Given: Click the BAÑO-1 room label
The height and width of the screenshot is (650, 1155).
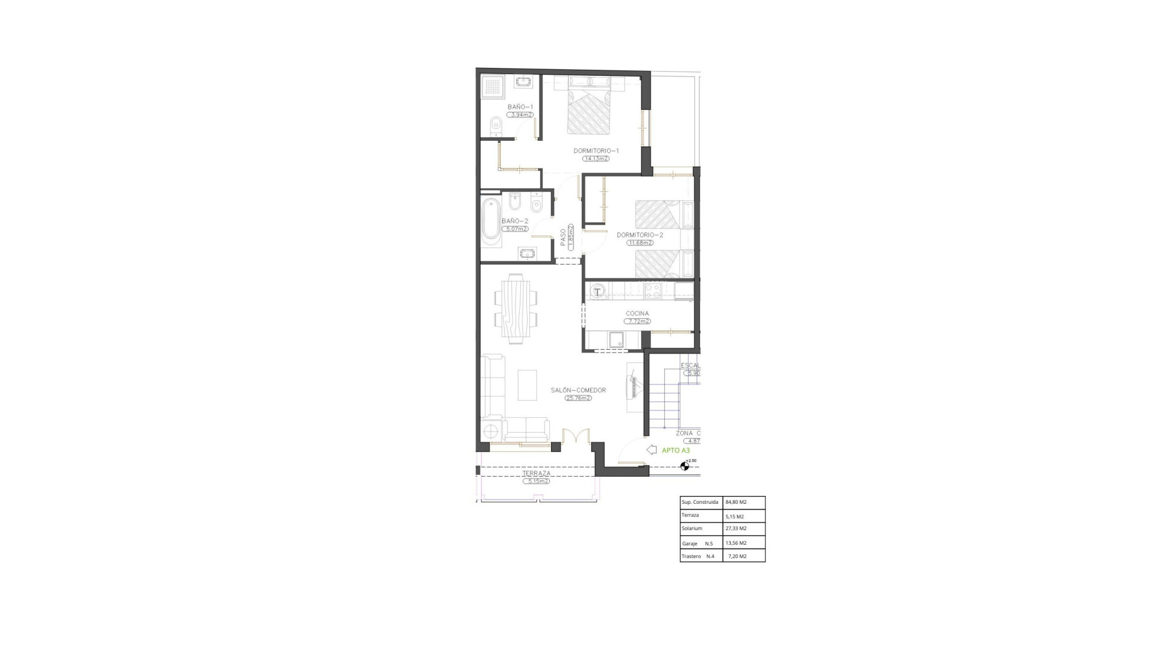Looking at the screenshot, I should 520,107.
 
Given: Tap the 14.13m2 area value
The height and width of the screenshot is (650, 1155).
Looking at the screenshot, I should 596,159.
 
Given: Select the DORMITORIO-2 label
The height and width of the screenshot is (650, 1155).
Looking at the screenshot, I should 639,235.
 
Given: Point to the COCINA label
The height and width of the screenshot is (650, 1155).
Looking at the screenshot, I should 637,314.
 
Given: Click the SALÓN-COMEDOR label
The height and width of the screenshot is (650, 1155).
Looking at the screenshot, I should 578,390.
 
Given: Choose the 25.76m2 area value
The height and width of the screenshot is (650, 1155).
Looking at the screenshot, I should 578,398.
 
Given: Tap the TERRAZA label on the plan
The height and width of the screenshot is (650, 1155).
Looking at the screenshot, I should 536,474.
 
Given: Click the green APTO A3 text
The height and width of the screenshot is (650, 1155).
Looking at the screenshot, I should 676,450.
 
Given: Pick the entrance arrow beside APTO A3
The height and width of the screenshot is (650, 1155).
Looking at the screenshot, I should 651,450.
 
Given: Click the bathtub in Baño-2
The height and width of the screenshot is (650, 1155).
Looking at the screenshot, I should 491,222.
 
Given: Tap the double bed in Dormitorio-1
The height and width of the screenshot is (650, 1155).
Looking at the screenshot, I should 590,111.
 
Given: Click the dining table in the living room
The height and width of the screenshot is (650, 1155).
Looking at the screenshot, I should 516,308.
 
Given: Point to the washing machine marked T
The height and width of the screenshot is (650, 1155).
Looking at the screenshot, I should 597,292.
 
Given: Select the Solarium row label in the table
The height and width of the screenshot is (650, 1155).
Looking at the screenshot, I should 692,528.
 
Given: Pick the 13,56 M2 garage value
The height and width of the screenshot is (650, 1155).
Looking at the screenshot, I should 736,543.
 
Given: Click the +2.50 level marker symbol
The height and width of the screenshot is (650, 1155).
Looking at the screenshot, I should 685,466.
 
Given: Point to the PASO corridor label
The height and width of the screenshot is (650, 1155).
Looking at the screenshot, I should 564,237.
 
